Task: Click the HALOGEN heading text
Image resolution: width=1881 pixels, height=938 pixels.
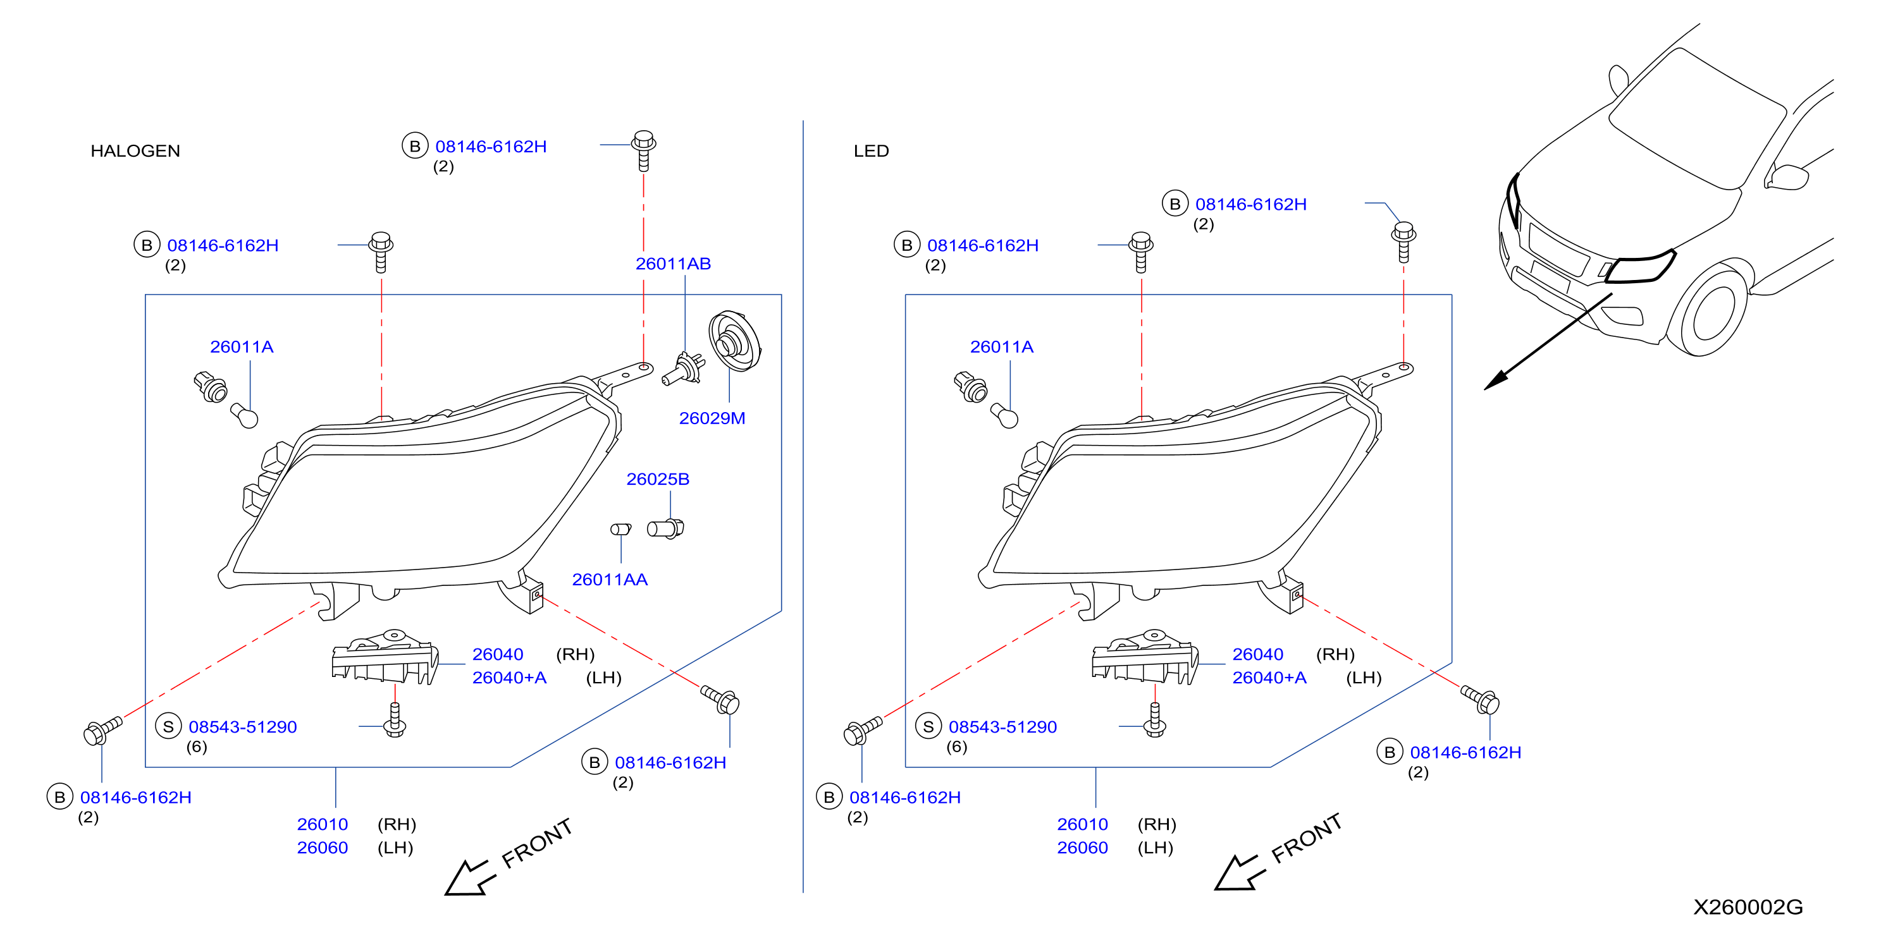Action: [x=135, y=151]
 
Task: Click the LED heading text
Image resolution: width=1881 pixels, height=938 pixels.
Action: [x=871, y=151]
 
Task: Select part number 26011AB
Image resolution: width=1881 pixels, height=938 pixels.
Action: [x=672, y=264]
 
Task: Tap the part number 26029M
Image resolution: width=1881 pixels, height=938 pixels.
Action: [x=712, y=418]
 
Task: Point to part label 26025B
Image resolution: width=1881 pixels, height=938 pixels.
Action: [x=657, y=479]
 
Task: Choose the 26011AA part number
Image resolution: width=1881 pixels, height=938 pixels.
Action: [x=609, y=580]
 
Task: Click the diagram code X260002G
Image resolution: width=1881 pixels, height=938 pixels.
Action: [x=1748, y=907]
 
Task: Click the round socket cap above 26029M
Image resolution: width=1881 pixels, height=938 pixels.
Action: [x=734, y=341]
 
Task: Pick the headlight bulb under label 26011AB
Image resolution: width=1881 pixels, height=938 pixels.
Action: [x=684, y=368]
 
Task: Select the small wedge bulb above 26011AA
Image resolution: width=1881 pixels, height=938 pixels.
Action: [x=620, y=528]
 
